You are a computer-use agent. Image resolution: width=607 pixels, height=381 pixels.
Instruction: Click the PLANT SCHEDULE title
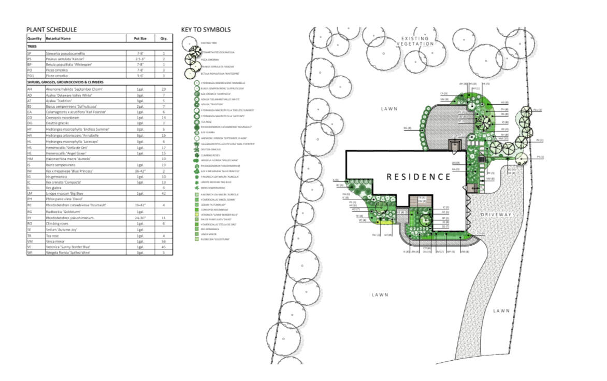click(x=51, y=30)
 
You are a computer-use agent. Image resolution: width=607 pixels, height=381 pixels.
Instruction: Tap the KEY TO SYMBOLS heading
click(x=206, y=30)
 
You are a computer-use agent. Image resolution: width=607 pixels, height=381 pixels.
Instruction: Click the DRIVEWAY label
click(x=496, y=214)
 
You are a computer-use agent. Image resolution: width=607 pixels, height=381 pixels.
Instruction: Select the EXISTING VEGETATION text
click(x=415, y=41)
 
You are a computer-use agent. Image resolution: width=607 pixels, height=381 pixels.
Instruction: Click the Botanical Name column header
click(x=58, y=38)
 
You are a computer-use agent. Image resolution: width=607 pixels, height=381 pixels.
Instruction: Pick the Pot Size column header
click(x=140, y=38)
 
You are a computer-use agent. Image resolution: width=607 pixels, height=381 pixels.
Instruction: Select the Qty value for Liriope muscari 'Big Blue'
click(x=164, y=193)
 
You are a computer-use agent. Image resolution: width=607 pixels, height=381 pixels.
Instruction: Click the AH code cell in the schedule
click(x=30, y=90)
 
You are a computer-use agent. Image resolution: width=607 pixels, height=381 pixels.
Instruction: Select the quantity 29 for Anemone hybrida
click(x=164, y=90)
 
